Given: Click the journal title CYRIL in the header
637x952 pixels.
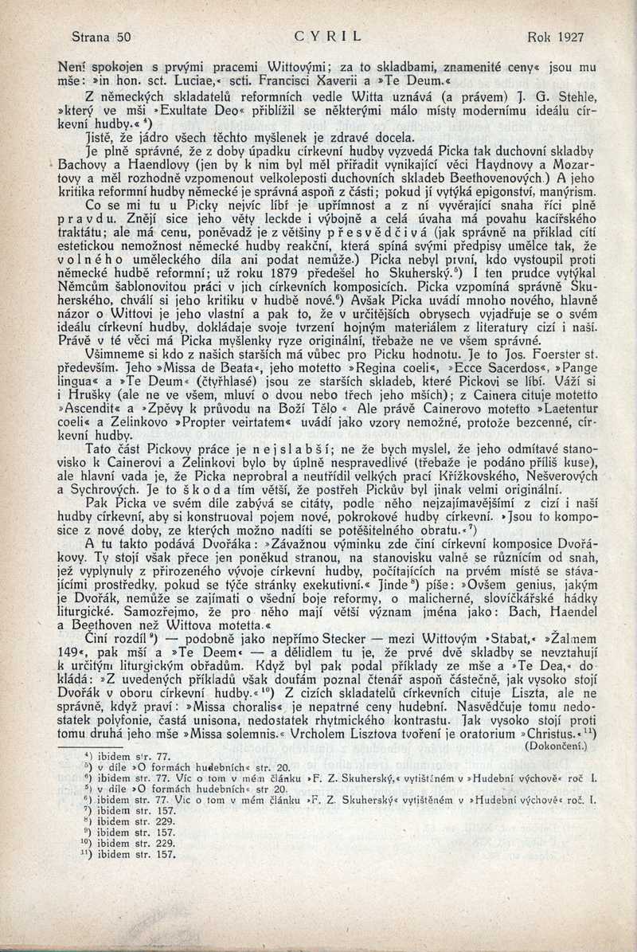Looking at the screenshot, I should [328, 37].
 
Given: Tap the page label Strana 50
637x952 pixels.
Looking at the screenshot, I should [100, 37].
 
